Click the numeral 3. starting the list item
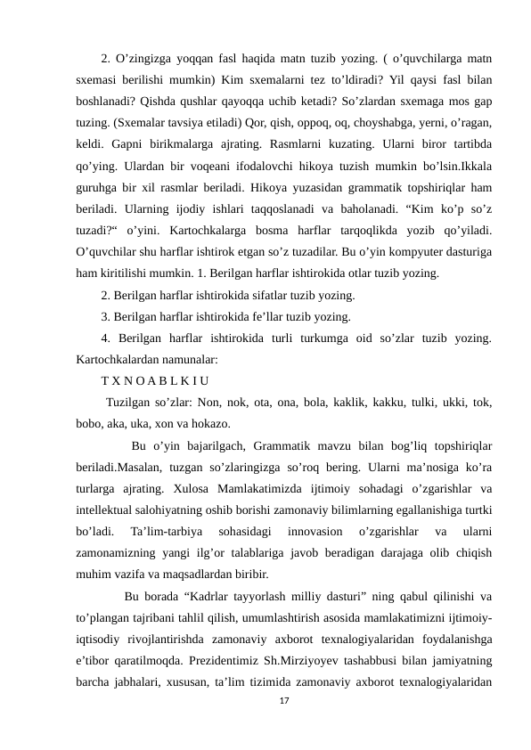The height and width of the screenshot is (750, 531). click(106, 316)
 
